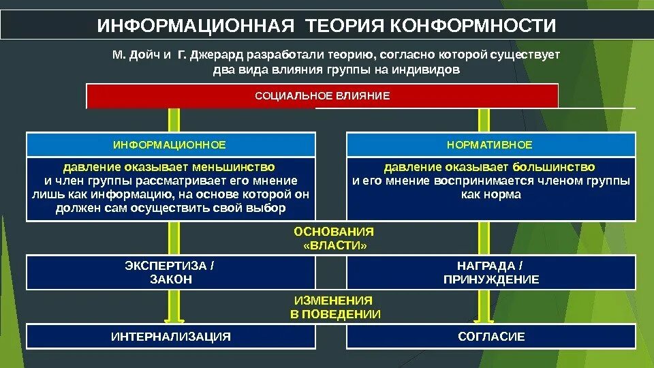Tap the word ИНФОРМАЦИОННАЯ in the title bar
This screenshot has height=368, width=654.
[x=196, y=26]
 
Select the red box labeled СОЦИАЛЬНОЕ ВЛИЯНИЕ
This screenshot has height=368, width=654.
[x=322, y=96]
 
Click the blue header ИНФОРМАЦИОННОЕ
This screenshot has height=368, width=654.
[x=170, y=145]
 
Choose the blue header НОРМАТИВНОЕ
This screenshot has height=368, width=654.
[x=490, y=145]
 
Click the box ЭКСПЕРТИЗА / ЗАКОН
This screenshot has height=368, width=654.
[x=170, y=272]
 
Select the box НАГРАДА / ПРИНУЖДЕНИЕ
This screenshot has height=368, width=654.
[x=490, y=272]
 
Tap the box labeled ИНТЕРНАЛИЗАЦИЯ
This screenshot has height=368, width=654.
[x=170, y=337]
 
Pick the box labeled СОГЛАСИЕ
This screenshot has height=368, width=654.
[x=490, y=337]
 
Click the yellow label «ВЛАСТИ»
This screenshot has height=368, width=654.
[x=334, y=245]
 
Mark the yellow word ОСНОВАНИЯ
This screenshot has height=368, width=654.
[x=334, y=232]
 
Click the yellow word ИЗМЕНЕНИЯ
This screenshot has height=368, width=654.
[x=334, y=300]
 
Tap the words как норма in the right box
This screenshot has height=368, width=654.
[x=490, y=195]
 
